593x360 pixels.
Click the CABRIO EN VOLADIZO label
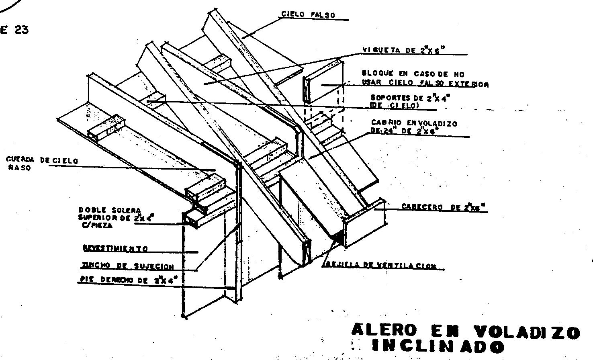click(x=414, y=123)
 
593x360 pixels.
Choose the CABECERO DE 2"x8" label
click(x=444, y=207)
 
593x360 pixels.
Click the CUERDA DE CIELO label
click(x=42, y=160)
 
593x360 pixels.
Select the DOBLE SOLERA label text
click(x=110, y=210)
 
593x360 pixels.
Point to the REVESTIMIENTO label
click(x=115, y=249)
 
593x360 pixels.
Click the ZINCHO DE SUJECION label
click(x=128, y=266)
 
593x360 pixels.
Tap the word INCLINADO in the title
click(x=438, y=346)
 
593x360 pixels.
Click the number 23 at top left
click(x=21, y=30)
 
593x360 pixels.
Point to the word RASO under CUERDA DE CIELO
click(x=19, y=168)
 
